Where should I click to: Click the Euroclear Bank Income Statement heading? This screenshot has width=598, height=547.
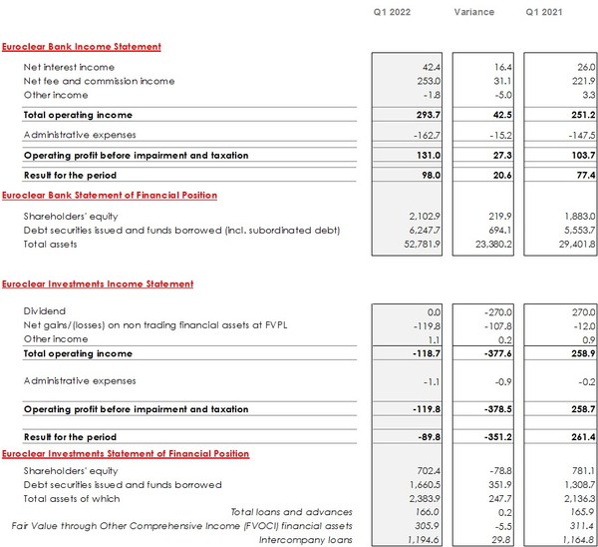(82, 47)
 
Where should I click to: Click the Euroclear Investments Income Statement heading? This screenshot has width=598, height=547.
(98, 284)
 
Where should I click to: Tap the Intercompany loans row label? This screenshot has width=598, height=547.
(314, 540)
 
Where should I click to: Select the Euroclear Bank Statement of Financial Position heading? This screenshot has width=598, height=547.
(110, 196)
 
